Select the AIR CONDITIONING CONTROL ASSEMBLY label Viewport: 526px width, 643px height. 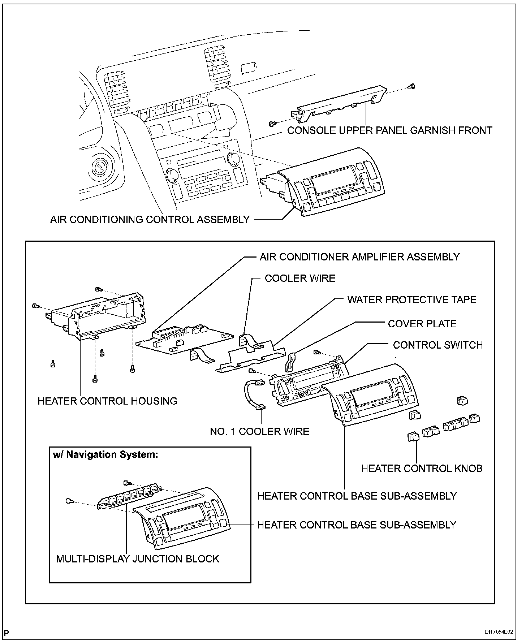pos(150,219)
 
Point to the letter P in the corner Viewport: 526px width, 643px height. pos(7,633)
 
